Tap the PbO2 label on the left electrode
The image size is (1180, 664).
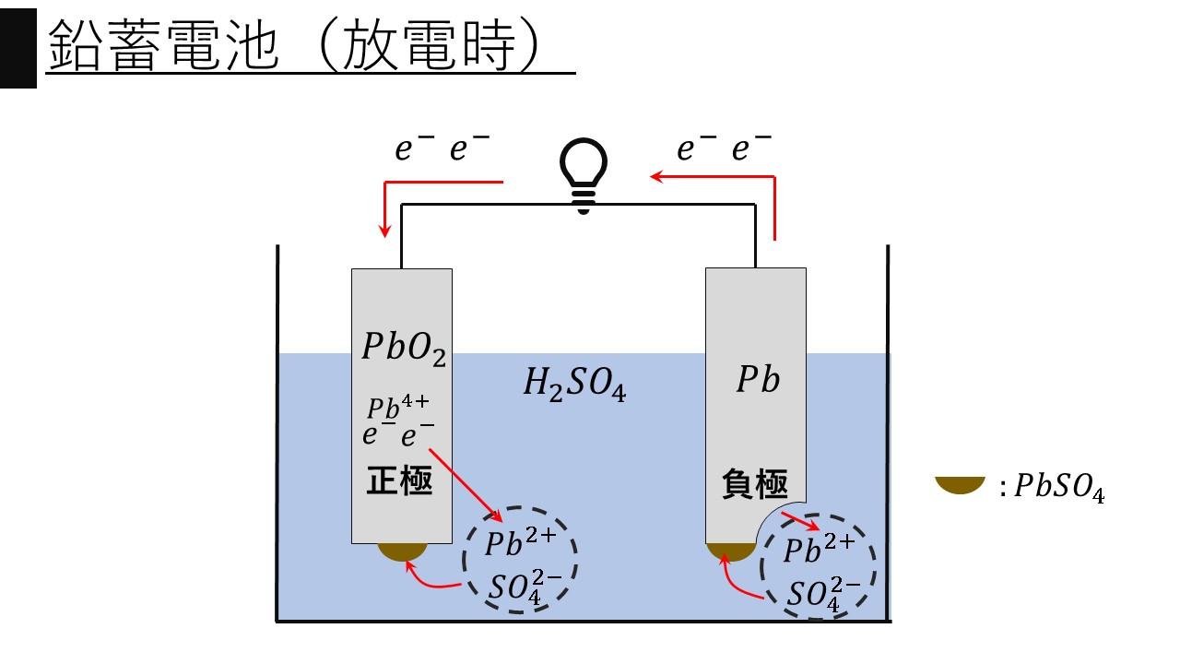click(403, 349)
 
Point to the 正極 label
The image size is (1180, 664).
click(400, 481)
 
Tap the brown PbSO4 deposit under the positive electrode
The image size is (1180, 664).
click(402, 551)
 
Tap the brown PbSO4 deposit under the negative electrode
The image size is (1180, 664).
click(729, 551)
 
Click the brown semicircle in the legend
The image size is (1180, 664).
click(960, 485)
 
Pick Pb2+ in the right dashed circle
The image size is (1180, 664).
click(819, 550)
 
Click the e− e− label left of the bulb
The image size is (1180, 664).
click(443, 150)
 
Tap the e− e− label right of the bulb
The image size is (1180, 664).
click(725, 149)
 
